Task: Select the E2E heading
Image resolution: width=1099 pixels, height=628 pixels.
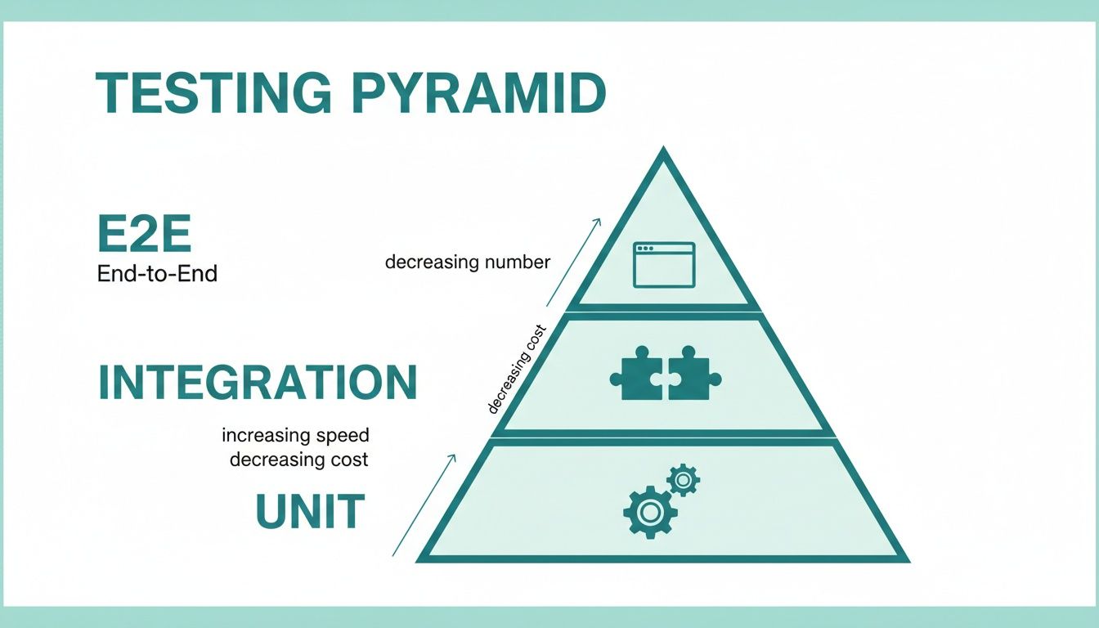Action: point(144,235)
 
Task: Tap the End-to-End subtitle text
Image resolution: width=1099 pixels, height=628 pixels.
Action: point(157,274)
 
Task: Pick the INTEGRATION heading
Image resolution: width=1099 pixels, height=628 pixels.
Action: point(258,382)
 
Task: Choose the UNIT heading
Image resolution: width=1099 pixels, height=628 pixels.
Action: point(310,512)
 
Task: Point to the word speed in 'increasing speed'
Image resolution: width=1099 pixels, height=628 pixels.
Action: point(339,435)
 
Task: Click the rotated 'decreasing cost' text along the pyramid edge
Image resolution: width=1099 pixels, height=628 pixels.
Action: point(517,370)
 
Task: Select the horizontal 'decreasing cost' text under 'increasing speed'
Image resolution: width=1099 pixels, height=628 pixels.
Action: point(298,460)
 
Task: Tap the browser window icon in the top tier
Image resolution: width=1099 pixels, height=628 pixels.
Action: point(664,264)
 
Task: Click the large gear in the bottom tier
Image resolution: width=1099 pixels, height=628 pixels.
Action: point(650,512)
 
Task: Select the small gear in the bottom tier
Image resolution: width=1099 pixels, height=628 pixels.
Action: point(683,480)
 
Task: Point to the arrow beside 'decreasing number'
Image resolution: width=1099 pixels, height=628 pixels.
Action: point(573,261)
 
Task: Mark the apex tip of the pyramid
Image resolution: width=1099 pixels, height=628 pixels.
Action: point(663,150)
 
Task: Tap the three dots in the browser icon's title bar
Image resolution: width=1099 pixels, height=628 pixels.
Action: point(648,248)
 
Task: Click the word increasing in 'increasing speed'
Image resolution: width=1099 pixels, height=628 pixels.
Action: point(262,435)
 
